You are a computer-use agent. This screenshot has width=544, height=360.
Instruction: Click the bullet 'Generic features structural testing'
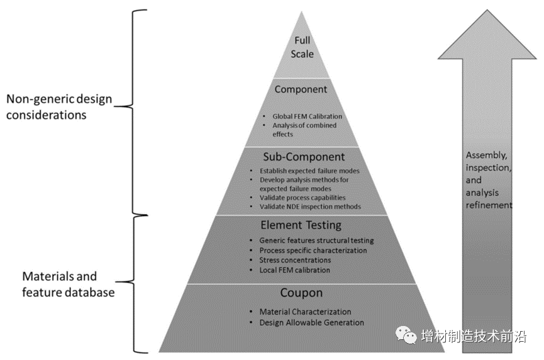tap(316, 240)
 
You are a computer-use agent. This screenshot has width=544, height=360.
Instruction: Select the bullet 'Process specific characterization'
tap(313, 250)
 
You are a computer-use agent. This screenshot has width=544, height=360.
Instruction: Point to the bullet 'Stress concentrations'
tap(295, 260)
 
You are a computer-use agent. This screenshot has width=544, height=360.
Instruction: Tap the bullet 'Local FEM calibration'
tap(294, 270)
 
